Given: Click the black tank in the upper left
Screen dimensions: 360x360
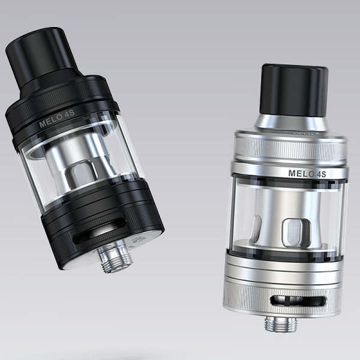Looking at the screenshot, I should click(x=84, y=150).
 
